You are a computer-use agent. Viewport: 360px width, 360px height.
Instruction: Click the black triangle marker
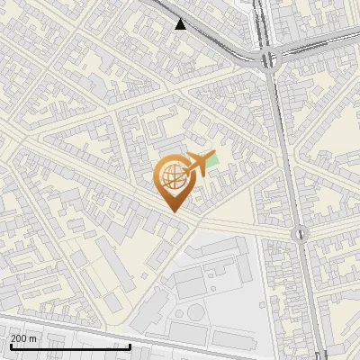[x=181, y=24]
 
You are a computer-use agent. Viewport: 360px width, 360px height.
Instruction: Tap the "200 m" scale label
[x=23, y=338]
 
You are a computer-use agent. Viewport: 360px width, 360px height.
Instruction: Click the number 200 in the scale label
[x=19, y=338]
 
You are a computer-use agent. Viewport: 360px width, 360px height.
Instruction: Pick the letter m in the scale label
[x=32, y=338]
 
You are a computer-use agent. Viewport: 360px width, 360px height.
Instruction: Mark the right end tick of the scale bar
[x=130, y=345]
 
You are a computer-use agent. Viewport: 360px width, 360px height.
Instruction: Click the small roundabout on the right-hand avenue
[x=298, y=234]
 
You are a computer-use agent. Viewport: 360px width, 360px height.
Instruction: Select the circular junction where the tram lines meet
[x=268, y=59]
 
